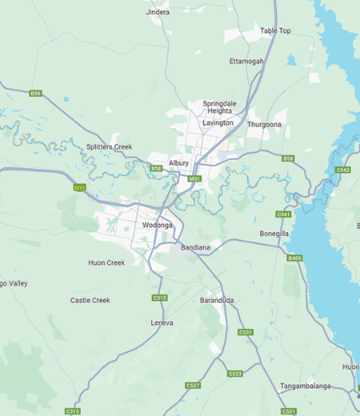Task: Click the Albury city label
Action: [x=179, y=162]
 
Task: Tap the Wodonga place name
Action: [x=135, y=226]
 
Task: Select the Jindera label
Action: [x=158, y=13]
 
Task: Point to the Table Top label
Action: [x=275, y=30]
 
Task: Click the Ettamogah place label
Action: [x=246, y=61]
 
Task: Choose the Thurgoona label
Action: [x=264, y=125]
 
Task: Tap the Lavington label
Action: [x=218, y=123]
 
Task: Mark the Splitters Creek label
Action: [x=109, y=147]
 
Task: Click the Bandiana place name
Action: [x=196, y=248]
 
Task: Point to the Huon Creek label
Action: [x=106, y=262]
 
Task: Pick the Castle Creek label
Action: [x=90, y=300]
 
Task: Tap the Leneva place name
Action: [x=162, y=322]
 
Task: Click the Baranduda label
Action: [x=217, y=301]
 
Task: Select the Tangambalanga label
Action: [x=306, y=386]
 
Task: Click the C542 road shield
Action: [x=343, y=170]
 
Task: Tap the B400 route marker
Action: [x=295, y=258]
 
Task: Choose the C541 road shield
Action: [x=283, y=214]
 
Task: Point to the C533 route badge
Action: [x=235, y=374]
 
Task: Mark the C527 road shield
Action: [x=193, y=386]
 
